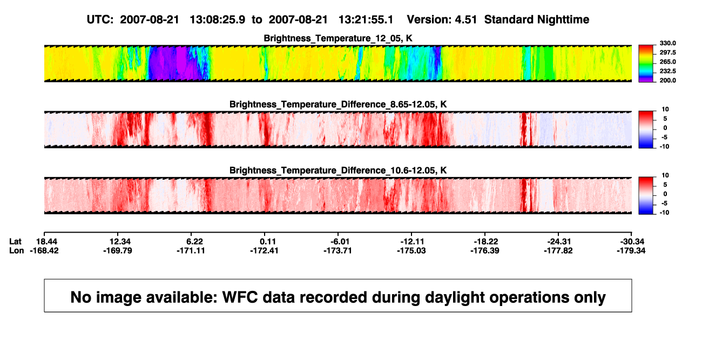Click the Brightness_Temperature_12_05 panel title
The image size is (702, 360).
tap(338, 38)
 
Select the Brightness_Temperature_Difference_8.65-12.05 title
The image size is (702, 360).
tap(338, 104)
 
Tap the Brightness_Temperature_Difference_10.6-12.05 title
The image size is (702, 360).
tap(338, 171)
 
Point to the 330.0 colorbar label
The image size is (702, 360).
tap(667, 43)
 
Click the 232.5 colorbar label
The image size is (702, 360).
tap(667, 71)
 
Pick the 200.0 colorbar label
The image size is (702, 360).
tap(667, 80)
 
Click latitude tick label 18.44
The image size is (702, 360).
tap(46, 242)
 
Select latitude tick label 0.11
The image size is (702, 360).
tap(268, 242)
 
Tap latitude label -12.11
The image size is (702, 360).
tap(412, 242)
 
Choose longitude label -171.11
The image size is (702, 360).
tap(191, 251)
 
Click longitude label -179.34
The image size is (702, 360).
tap(631, 251)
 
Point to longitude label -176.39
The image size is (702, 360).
tap(485, 251)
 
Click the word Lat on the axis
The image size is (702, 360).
tap(15, 242)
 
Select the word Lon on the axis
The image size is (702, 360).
tap(17, 251)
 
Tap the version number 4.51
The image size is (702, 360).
tap(466, 20)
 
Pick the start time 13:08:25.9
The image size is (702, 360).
tap(218, 20)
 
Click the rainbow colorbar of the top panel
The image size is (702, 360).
tap(646, 64)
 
